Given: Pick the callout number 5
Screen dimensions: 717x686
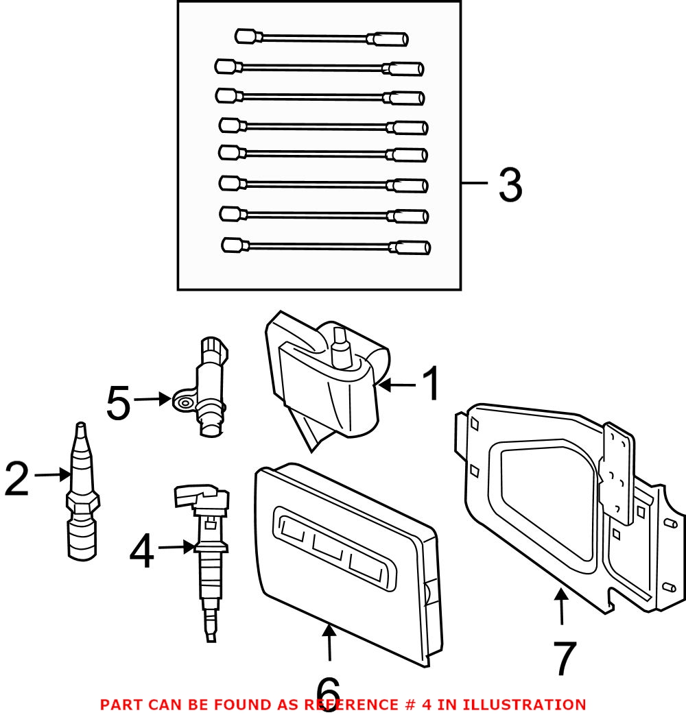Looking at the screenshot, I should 118,404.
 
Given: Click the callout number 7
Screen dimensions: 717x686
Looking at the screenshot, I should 564,659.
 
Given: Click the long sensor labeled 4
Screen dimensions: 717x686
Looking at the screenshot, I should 206,555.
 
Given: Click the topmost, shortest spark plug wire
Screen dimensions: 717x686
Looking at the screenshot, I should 322,38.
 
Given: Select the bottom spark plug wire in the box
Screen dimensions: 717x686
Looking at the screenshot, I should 326,246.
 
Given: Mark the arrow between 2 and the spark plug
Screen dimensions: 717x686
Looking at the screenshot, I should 51,474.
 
